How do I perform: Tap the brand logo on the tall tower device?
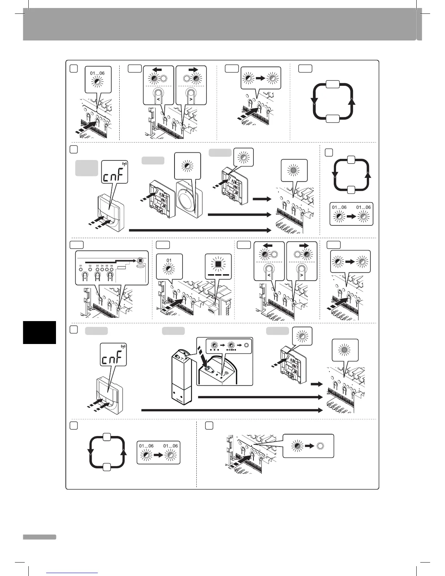click(x=180, y=399)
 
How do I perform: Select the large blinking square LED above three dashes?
click(x=218, y=263)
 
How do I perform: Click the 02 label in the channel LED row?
click(x=90, y=266)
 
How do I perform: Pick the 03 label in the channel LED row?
click(x=97, y=266)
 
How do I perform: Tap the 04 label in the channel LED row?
click(x=102, y=266)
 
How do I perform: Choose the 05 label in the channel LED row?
click(x=107, y=266)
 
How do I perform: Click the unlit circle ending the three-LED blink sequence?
click(x=246, y=345)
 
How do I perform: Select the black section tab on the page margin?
click(x=39, y=332)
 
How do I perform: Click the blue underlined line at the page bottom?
click(x=72, y=573)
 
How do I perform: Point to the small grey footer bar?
click(x=39, y=537)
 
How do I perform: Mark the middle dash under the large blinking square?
click(x=218, y=275)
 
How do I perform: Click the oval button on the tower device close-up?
click(x=208, y=368)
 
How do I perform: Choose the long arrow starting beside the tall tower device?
click(x=260, y=397)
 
